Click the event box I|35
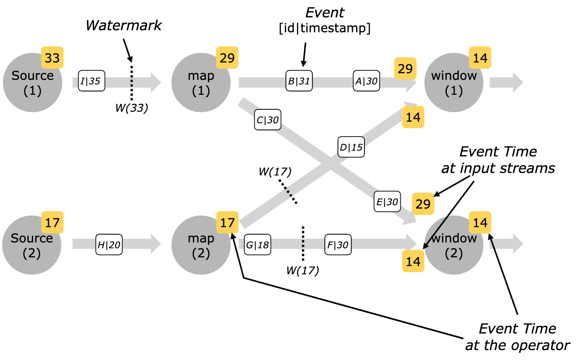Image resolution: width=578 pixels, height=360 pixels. (92, 81)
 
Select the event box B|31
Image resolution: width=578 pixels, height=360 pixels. (299, 81)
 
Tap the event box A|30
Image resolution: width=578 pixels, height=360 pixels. (366, 81)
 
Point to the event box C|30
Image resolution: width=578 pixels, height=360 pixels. (267, 120)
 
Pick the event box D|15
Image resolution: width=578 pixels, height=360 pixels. (351, 147)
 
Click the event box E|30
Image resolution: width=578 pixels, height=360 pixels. (387, 202)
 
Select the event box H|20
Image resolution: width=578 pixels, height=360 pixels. (109, 245)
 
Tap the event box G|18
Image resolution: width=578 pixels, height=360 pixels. (258, 245)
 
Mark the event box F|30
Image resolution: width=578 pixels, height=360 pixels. (338, 245)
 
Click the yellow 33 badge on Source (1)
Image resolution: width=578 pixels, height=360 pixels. (52, 58)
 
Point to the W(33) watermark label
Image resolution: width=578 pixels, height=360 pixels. (132, 108)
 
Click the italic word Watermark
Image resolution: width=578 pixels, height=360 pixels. (123, 26)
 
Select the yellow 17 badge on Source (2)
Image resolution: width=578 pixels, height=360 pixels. (52, 223)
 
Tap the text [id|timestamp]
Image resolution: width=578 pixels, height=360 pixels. (325, 28)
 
